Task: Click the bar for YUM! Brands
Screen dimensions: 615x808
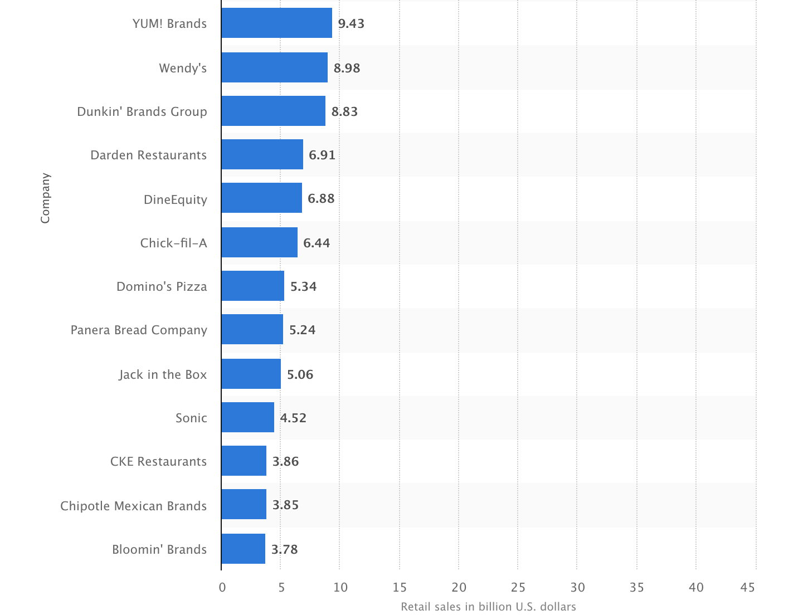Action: pos(276,23)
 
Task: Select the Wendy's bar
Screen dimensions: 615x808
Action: pos(274,67)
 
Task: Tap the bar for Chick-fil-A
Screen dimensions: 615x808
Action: pos(259,242)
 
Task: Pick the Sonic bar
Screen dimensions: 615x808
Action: pos(247,417)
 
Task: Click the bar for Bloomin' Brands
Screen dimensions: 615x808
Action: pos(243,549)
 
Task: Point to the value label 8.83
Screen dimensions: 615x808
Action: pos(344,111)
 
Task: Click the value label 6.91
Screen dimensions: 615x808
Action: pos(322,155)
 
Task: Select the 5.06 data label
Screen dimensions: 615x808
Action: pos(300,374)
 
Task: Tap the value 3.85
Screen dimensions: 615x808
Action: pos(285,505)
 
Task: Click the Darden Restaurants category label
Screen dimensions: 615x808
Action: pos(148,155)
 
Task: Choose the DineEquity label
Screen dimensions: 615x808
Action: pos(175,199)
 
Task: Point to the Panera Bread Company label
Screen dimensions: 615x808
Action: pos(139,330)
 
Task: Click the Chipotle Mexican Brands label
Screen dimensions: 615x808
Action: pos(133,506)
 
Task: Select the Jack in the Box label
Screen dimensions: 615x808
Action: pos(163,374)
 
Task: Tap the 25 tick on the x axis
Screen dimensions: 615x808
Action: pos(518,587)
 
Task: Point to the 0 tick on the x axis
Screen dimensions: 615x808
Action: pos(222,587)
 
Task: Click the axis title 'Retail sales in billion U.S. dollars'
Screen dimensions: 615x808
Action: pos(488,606)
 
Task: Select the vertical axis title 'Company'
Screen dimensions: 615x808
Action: pos(45,198)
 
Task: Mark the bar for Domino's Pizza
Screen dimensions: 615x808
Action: pos(252,286)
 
